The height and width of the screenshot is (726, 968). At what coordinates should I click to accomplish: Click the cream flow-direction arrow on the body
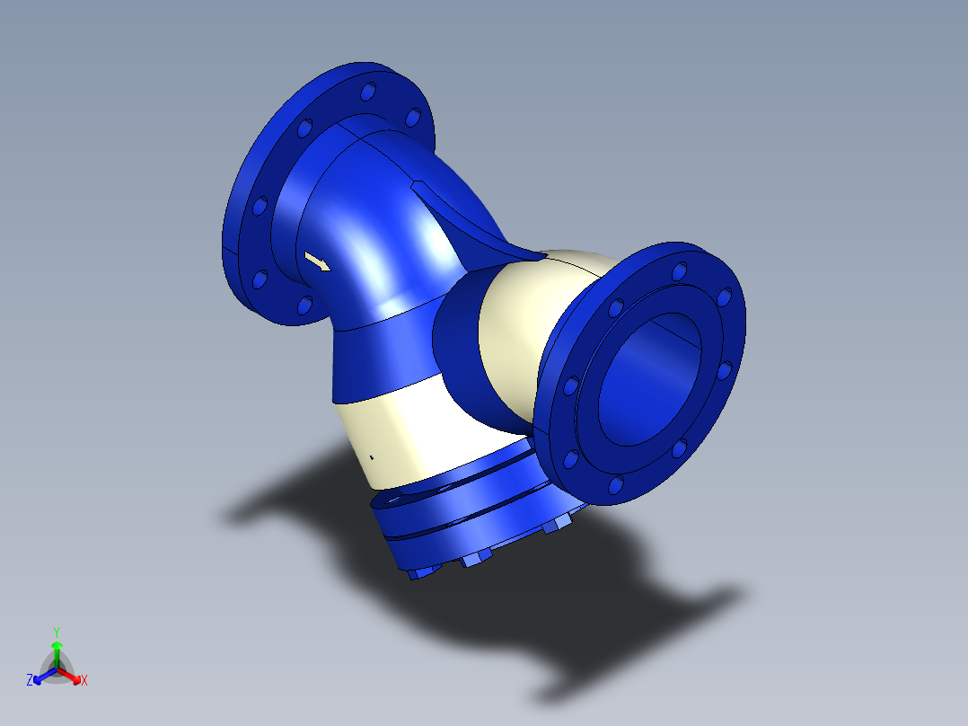(x=317, y=262)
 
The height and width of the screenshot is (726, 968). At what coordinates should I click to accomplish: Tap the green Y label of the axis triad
(x=56, y=632)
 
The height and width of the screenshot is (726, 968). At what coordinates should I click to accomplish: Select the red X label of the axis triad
(x=84, y=681)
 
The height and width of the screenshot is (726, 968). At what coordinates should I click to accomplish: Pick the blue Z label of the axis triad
(x=30, y=681)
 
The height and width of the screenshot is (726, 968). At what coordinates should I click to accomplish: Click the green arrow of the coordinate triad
(x=56, y=649)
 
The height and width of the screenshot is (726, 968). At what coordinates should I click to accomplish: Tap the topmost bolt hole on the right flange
(x=679, y=269)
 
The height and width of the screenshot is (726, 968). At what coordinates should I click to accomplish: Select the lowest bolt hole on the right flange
(x=615, y=485)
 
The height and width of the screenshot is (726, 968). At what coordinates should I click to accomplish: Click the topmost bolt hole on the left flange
(x=368, y=92)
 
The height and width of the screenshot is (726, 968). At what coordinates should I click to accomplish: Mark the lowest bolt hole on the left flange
(x=304, y=305)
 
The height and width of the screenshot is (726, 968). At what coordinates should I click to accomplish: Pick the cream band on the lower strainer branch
(x=404, y=431)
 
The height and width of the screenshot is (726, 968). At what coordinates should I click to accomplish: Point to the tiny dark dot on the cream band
(x=372, y=456)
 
